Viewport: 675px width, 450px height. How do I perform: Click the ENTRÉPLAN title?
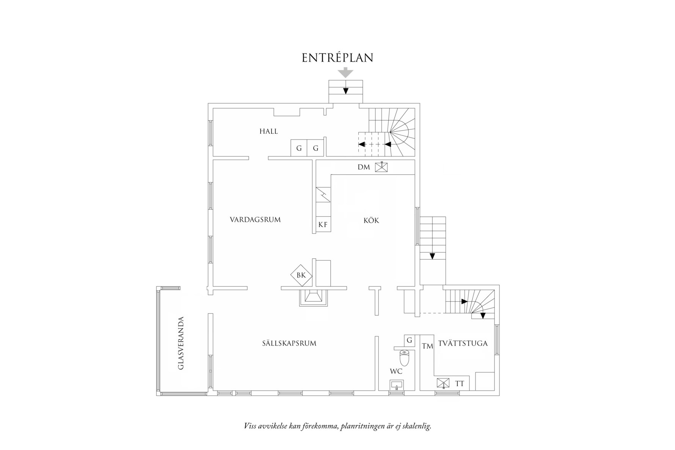[337, 58]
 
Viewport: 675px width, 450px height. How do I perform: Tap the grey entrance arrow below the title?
[345, 72]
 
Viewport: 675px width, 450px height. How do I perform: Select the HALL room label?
[268, 132]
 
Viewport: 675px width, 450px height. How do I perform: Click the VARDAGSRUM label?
[255, 220]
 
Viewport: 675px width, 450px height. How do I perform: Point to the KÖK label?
[371, 220]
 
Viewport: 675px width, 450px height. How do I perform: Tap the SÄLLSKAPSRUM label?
[289, 343]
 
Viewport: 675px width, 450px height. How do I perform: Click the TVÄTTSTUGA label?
[463, 343]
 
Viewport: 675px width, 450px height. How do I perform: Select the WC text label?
[396, 371]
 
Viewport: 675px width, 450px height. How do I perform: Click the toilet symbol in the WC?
[405, 358]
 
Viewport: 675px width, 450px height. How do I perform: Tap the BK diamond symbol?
[301, 275]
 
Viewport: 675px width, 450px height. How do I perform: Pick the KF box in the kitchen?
[323, 225]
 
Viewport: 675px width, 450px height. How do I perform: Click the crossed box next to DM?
[381, 167]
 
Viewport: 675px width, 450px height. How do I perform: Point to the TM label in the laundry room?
[427, 346]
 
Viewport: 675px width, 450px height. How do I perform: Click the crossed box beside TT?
[443, 384]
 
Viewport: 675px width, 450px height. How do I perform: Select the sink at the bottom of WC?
[397, 386]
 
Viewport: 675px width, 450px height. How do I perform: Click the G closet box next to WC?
[409, 340]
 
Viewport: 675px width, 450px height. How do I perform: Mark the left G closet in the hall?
[299, 148]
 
